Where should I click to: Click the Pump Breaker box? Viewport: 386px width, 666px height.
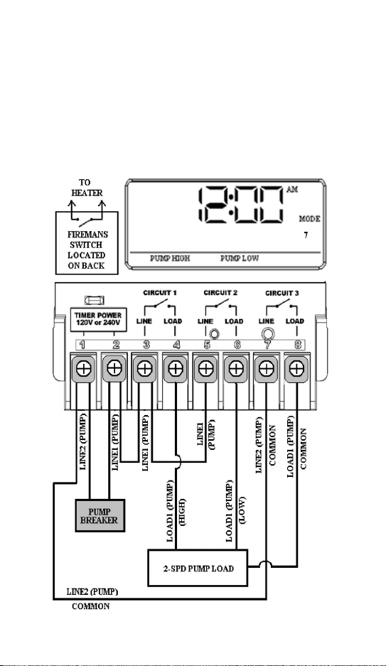point(100,515)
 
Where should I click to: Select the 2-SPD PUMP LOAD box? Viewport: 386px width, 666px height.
point(198,568)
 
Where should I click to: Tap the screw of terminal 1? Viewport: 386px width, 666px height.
point(84,368)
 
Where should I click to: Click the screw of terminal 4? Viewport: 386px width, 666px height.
point(175,368)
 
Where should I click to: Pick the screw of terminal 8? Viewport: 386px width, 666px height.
point(296,368)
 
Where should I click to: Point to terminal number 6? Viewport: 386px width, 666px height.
point(237,345)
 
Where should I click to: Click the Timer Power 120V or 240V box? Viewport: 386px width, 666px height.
point(98,319)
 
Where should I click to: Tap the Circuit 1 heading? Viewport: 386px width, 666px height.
point(160,293)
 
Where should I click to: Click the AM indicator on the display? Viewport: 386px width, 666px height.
point(293,190)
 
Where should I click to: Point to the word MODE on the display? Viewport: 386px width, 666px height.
point(309,219)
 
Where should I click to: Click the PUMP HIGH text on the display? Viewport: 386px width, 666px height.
point(170,258)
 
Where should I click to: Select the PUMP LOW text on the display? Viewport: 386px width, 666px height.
point(239,258)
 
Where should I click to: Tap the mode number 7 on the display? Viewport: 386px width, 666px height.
point(306,235)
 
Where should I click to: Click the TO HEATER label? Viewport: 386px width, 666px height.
point(86,188)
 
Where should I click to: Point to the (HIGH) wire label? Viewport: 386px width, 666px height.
point(182,512)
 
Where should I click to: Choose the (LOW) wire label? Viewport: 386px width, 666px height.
point(242,510)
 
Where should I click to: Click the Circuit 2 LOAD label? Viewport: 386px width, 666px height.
point(234,321)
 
